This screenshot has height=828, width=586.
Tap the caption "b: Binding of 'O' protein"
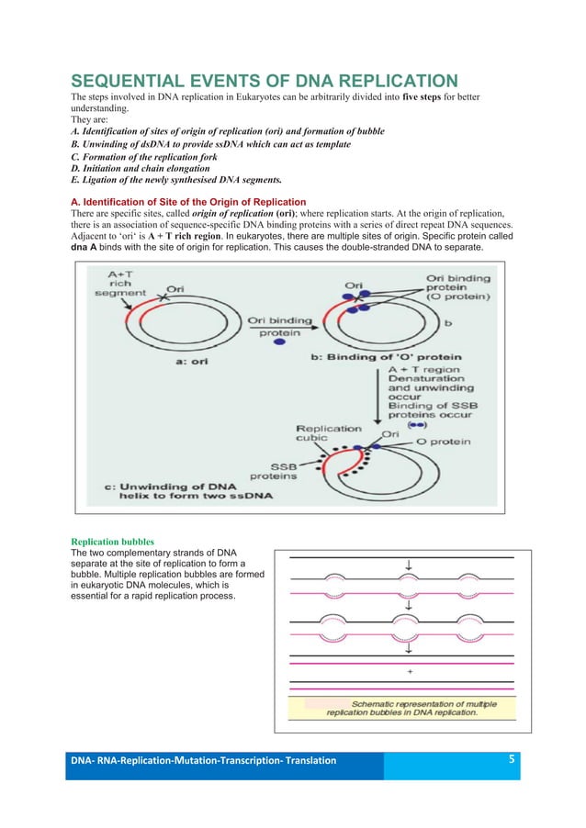(405, 356)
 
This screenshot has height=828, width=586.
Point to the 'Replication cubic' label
(330, 433)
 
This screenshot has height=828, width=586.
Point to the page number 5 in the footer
(511, 759)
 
